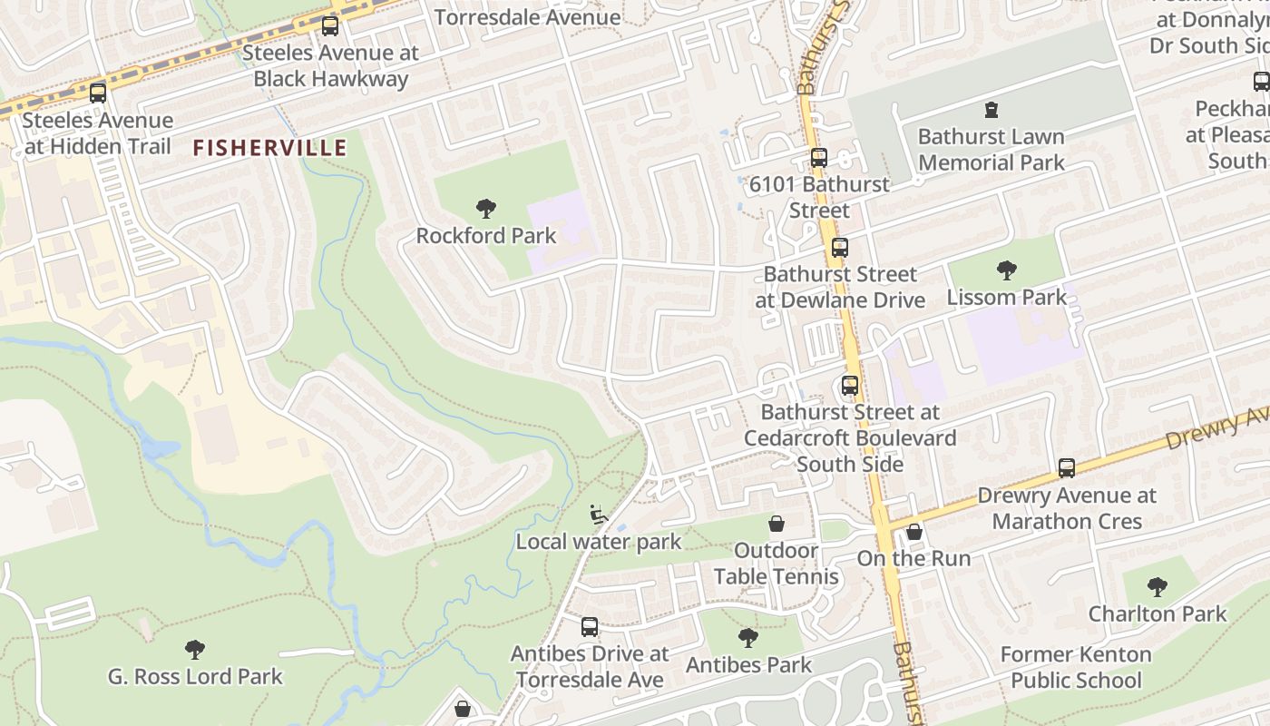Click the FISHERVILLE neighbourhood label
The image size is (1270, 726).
[269, 148]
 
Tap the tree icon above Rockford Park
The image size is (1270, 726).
[486, 209]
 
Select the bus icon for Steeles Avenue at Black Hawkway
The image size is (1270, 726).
[330, 26]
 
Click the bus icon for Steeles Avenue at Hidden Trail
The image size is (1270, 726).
[97, 93]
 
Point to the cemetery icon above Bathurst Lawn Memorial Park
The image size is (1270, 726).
[991, 110]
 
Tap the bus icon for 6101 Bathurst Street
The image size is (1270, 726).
[818, 157]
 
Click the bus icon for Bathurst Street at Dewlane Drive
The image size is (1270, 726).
[839, 247]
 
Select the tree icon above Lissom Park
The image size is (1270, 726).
[1006, 270]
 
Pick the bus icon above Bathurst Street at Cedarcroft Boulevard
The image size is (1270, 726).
[849, 385]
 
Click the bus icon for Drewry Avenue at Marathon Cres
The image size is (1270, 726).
[1067, 468]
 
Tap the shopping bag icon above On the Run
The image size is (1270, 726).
[914, 532]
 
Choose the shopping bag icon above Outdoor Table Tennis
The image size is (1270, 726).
[776, 524]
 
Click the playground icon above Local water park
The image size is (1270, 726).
[598, 515]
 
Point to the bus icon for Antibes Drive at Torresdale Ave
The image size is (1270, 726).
[589, 626]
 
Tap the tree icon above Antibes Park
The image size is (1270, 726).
[748, 638]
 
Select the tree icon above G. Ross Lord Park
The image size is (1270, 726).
[194, 649]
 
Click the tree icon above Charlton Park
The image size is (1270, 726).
[1157, 586]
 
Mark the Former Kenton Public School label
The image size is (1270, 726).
[1076, 667]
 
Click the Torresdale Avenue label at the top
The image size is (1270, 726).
[527, 17]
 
